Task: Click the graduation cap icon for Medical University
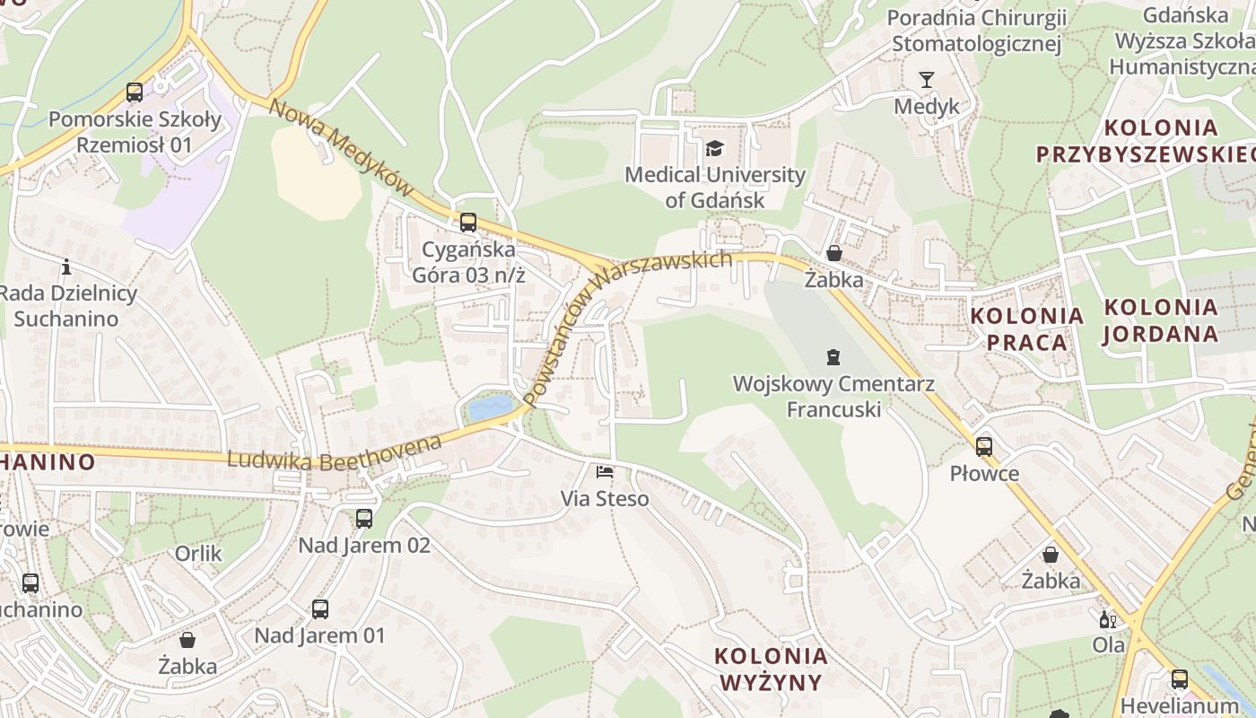[714, 148]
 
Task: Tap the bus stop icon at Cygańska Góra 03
[467, 223]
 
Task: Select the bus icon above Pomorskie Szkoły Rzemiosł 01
[135, 92]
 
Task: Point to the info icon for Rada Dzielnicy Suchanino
[65, 267]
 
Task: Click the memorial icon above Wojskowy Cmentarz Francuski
[833, 357]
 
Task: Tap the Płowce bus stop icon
[984, 446]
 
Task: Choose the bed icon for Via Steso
[605, 471]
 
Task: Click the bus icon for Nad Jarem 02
[363, 518]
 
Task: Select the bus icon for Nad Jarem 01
[319, 609]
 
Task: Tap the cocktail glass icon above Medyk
[926, 80]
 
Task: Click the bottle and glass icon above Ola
[1108, 619]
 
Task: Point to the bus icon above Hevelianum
[1179, 679]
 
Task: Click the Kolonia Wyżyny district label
[771, 669]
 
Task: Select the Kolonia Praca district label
[1027, 328]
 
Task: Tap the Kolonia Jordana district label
[1160, 320]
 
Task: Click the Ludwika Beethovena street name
[335, 452]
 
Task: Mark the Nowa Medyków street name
[341, 148]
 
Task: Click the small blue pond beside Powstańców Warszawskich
[489, 408]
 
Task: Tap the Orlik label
[198, 554]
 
